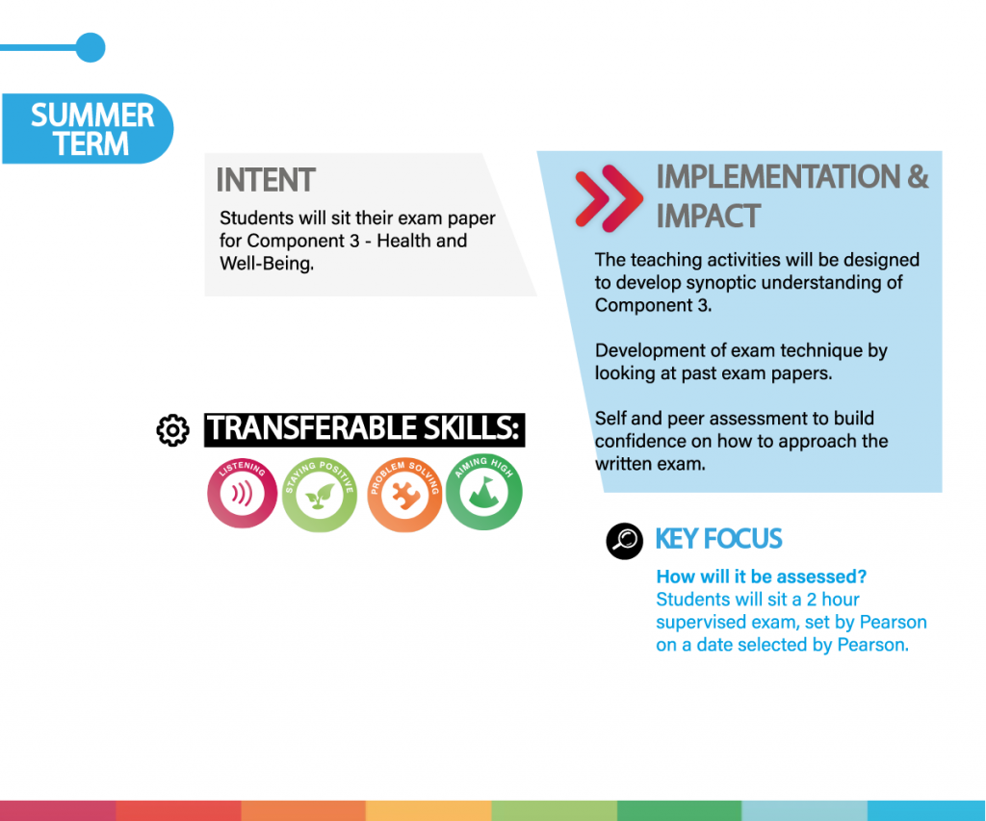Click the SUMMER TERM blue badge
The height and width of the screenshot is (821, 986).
click(x=88, y=129)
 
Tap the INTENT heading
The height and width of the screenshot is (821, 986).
click(x=266, y=180)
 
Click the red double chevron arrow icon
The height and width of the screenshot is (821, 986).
click(x=609, y=197)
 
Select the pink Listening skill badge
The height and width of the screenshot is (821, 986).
click(x=242, y=493)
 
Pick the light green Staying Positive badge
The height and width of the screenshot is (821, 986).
click(x=320, y=495)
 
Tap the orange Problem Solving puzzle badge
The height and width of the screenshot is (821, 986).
click(x=405, y=495)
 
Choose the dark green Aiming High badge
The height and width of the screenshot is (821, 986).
click(x=483, y=492)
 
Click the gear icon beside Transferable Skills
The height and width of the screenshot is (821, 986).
click(x=173, y=430)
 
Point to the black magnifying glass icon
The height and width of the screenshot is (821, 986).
click(x=624, y=541)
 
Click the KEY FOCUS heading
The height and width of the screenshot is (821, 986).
click(x=718, y=539)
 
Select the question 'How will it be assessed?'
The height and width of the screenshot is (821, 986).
click(x=761, y=577)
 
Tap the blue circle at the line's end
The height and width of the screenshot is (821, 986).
click(x=91, y=48)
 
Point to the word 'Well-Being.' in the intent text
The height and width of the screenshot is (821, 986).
click(x=267, y=264)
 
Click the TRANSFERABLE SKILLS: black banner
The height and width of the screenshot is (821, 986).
click(x=365, y=430)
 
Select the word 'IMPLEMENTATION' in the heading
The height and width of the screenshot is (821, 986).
click(x=778, y=177)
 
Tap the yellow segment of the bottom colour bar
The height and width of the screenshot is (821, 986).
click(x=428, y=811)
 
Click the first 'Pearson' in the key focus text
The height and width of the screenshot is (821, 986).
click(x=893, y=622)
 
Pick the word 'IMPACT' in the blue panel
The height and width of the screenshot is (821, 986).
click(x=709, y=217)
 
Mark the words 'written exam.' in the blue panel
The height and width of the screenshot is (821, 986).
click(x=650, y=464)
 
